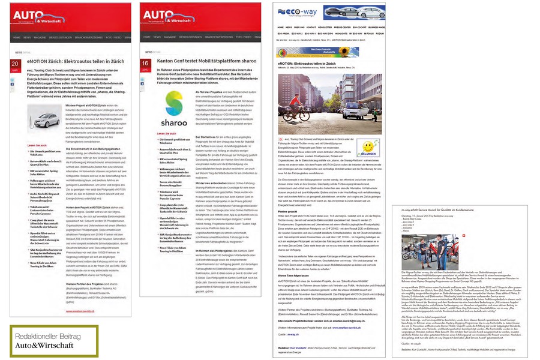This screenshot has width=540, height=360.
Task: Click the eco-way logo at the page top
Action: click(x=298, y=11)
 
